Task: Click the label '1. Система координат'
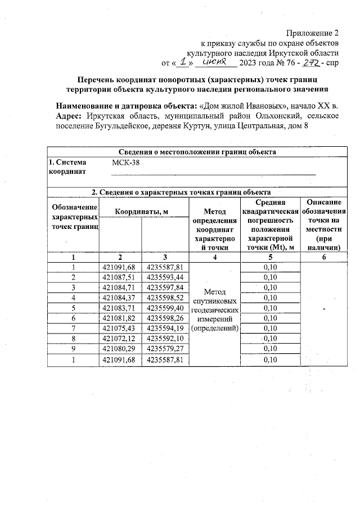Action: [67, 167]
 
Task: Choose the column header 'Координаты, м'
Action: [143, 211]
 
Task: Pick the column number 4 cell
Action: [214, 257]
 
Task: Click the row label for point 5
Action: [73, 308]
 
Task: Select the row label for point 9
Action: [73, 349]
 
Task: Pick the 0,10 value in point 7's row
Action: [270, 328]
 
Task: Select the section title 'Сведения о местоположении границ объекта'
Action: [197, 151]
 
